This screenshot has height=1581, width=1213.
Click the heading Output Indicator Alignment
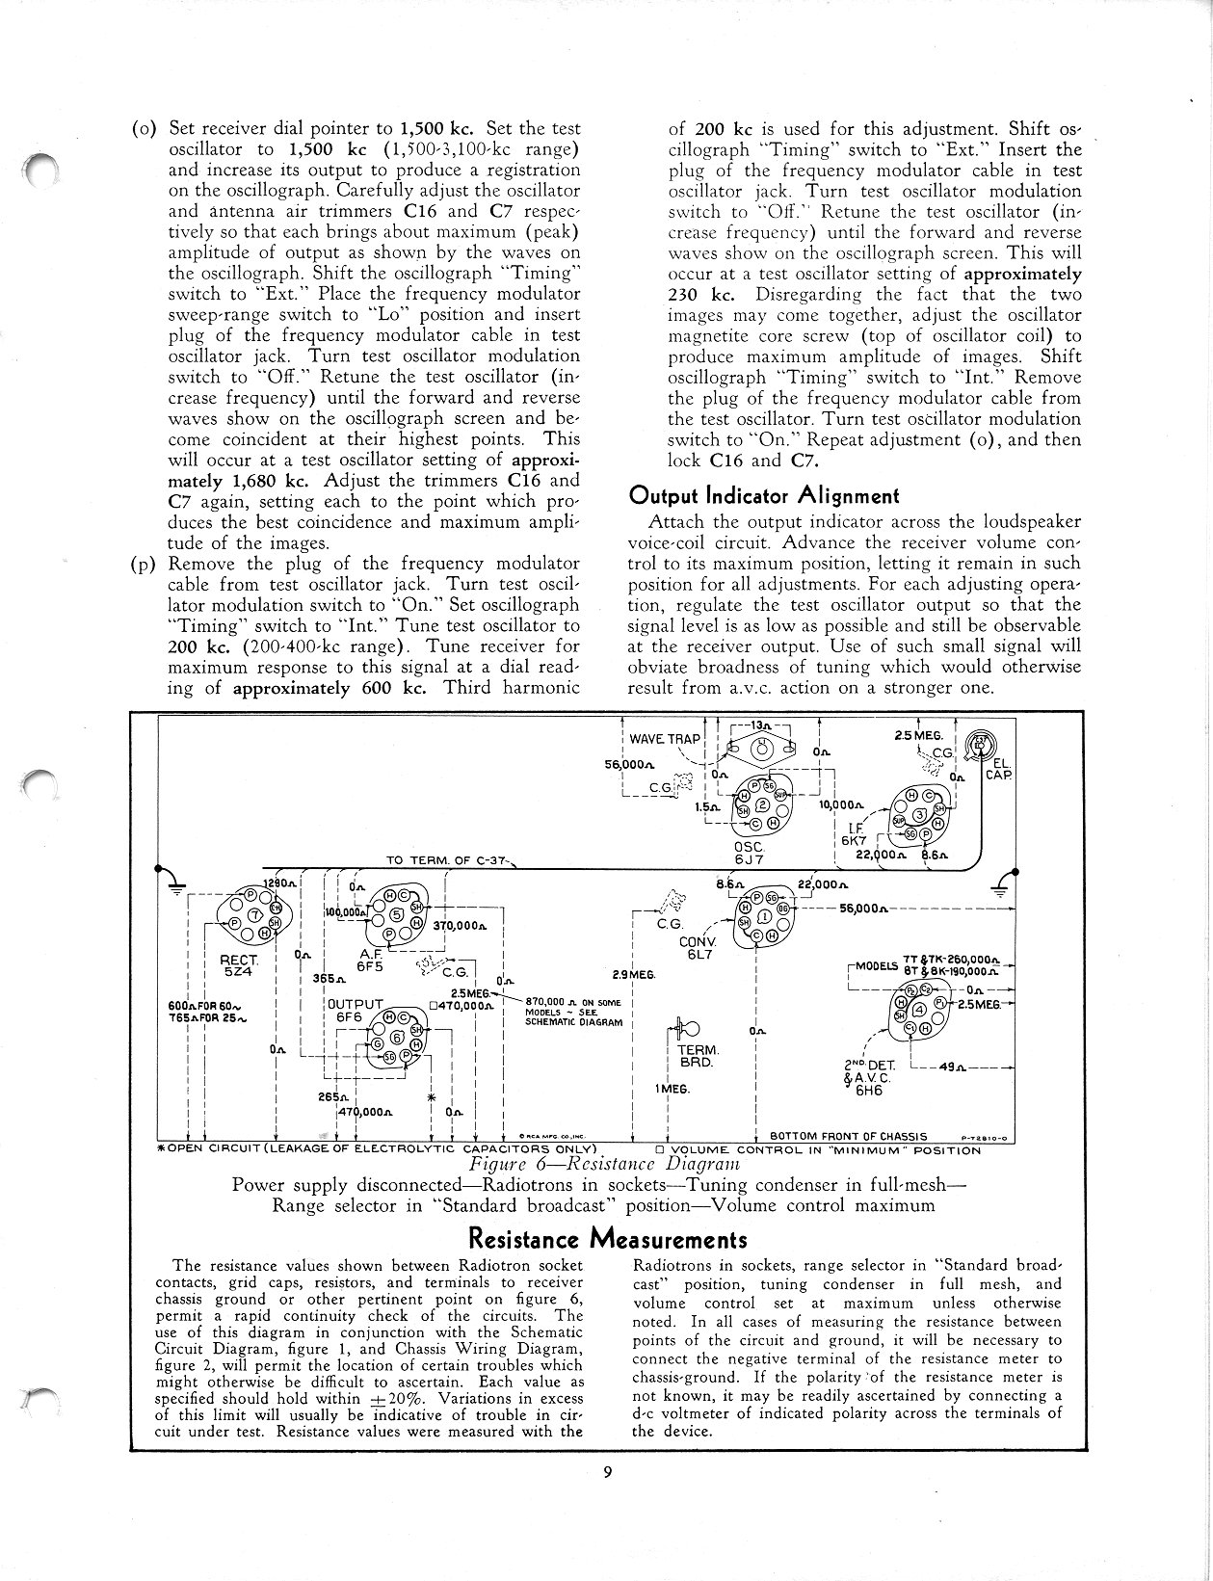pyautogui.click(x=763, y=496)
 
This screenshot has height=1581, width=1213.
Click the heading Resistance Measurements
pyautogui.click(x=606, y=1239)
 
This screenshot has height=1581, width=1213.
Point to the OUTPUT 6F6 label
pyautogui.click(x=355, y=1010)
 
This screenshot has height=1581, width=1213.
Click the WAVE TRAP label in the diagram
pyautogui.click(x=665, y=739)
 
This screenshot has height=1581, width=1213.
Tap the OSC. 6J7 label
pyautogui.click(x=748, y=854)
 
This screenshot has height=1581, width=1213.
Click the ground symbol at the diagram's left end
pyautogui.click(x=175, y=883)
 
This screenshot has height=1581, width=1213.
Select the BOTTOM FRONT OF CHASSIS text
pyautogui.click(x=848, y=1136)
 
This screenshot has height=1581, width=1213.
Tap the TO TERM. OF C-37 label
pyautogui.click(x=449, y=860)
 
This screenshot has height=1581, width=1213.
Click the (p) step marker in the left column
pyautogui.click(x=143, y=564)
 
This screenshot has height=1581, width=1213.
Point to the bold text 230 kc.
pyautogui.click(x=701, y=294)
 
